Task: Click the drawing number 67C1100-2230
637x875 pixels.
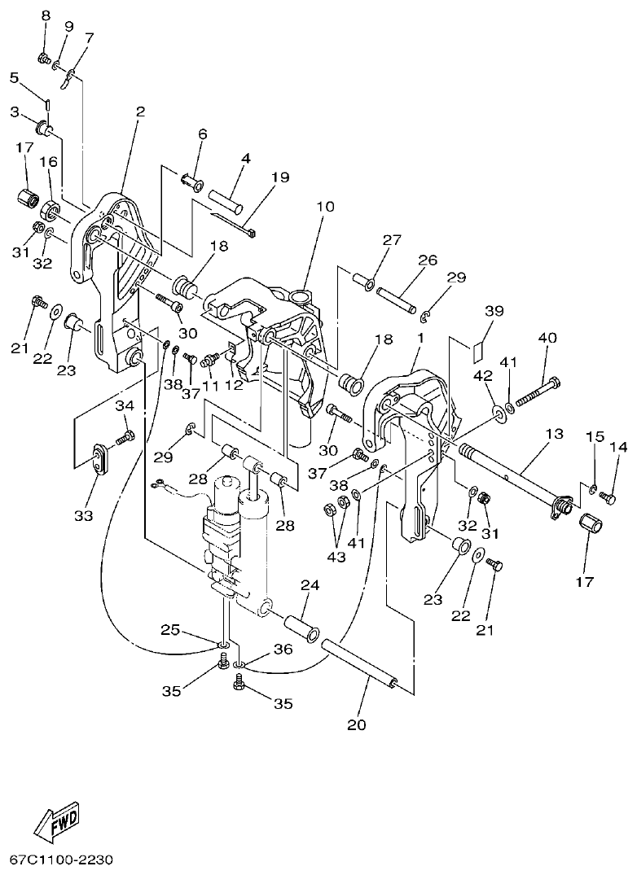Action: click(x=62, y=860)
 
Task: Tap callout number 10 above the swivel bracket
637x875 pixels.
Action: click(x=325, y=208)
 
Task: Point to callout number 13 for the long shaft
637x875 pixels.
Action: click(x=554, y=435)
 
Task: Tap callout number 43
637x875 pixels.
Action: click(x=336, y=557)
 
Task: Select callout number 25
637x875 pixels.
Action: click(x=169, y=629)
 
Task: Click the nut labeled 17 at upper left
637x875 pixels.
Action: click(x=29, y=197)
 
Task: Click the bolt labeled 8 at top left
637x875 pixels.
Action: click(x=45, y=58)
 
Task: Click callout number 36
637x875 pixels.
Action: click(x=282, y=650)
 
